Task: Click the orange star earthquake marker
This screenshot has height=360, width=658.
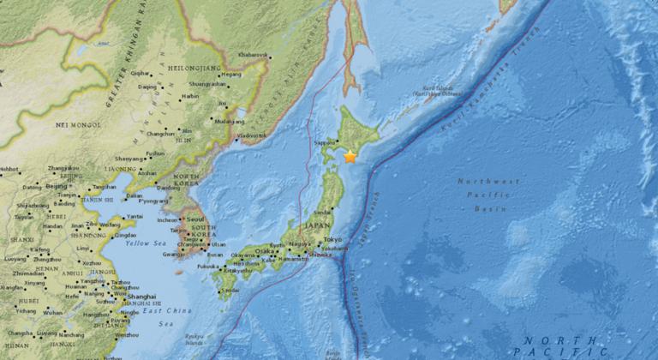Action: click(x=350, y=156)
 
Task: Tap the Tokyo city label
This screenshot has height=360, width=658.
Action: click(x=333, y=237)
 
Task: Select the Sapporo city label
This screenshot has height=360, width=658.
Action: click(x=326, y=144)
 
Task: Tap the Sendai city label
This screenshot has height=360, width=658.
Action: click(x=324, y=209)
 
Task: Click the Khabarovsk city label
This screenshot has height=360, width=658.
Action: click(x=254, y=55)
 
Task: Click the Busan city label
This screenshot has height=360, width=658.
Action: click(x=214, y=255)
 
